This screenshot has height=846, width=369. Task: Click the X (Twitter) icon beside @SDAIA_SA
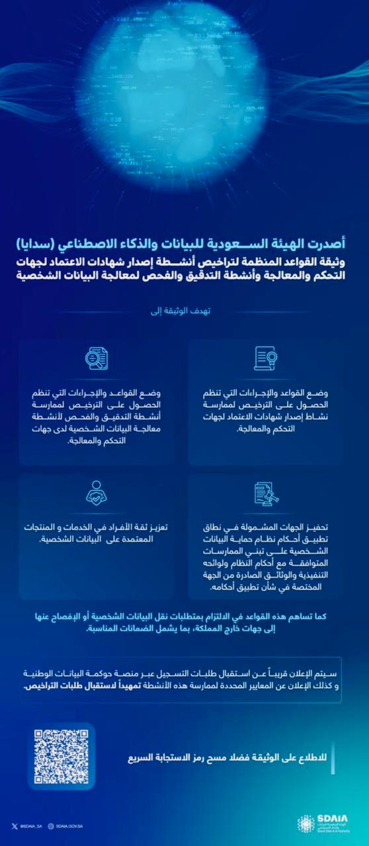(x=13, y=826)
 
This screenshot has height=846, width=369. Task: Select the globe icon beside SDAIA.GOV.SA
(x=51, y=826)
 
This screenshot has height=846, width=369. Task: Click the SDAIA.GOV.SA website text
(x=69, y=826)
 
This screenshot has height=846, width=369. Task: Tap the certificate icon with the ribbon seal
(x=266, y=358)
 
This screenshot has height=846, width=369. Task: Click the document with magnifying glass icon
(x=97, y=358)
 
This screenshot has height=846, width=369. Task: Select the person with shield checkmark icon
(x=97, y=492)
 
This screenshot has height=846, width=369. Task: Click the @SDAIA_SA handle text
(x=29, y=826)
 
